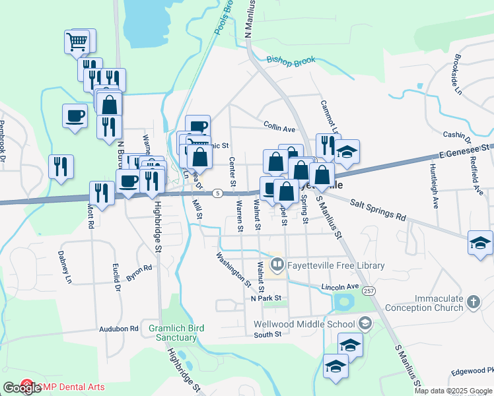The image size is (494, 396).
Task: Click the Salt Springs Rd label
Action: [x=377, y=209]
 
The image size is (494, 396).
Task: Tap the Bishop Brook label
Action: [x=291, y=60]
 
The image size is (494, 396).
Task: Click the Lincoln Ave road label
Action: [x=339, y=287]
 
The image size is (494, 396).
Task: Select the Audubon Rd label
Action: [x=119, y=328]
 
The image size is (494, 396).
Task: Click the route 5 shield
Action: [x=217, y=193]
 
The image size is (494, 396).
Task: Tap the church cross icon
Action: [x=472, y=302]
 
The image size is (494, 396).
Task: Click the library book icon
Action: [x=277, y=265]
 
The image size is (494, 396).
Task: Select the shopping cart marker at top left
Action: [x=77, y=43]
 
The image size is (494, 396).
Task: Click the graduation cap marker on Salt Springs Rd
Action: [x=480, y=243]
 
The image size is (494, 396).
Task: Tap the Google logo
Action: [x=21, y=387]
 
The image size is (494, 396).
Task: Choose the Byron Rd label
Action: [x=139, y=273]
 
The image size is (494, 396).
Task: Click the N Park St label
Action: [x=266, y=298]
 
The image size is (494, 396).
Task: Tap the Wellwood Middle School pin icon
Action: [x=365, y=323]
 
